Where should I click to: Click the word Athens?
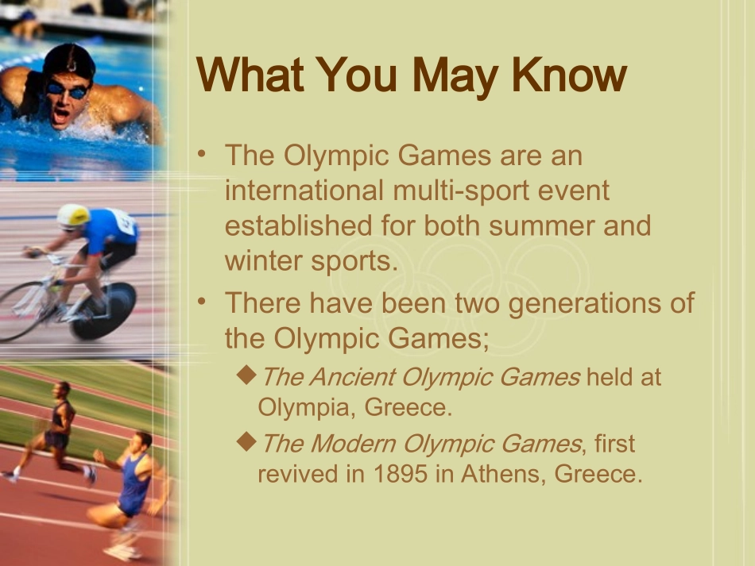pyautogui.click(x=499, y=473)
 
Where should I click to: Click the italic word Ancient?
pyautogui.click(x=352, y=376)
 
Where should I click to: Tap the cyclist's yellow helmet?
pyautogui.click(x=73, y=215)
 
